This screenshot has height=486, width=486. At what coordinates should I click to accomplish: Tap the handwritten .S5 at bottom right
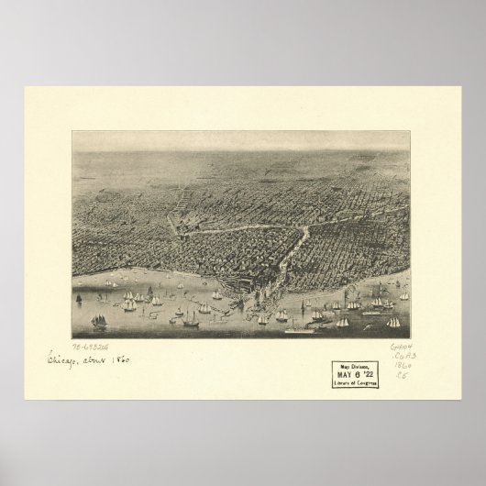coord(404,376)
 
